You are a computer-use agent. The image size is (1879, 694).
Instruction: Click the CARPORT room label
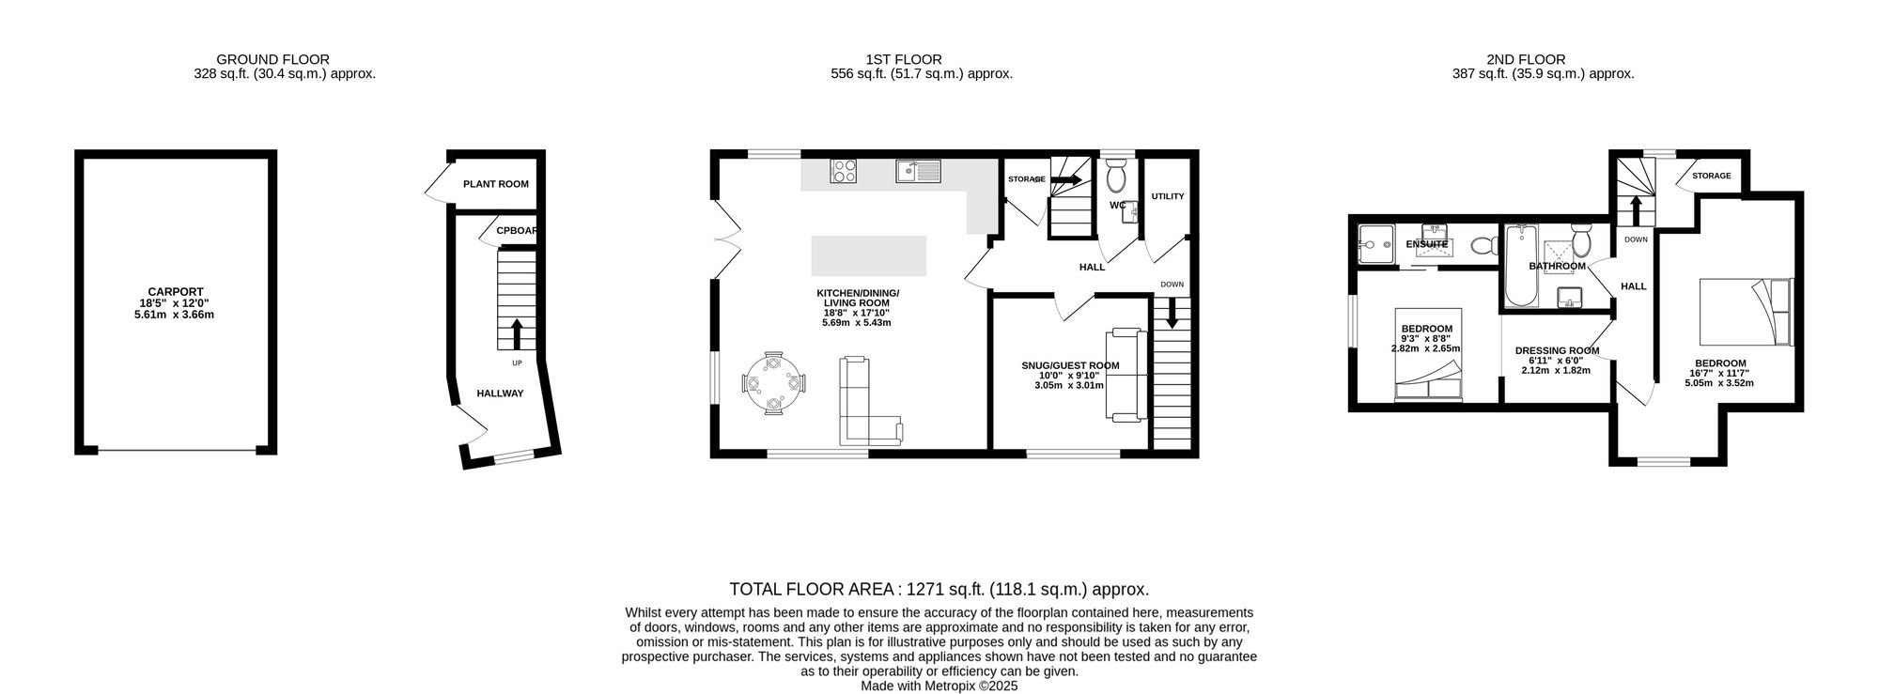pos(176,292)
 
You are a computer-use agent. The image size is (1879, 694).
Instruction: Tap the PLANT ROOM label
pos(496,184)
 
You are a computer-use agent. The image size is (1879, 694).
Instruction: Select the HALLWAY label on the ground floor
pos(500,393)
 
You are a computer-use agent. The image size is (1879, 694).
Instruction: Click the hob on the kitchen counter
pos(844,171)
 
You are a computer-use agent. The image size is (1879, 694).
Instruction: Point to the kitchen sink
pos(918,171)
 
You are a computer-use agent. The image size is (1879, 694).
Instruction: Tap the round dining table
pos(773,383)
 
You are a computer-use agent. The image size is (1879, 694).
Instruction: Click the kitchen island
pos(869,256)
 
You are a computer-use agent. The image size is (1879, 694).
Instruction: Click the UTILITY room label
pos(1168,196)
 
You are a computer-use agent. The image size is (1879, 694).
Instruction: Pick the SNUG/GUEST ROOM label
pos(1070,365)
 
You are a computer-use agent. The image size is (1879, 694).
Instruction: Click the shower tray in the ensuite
pos(1374,243)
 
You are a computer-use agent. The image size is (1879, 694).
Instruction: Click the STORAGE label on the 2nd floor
pos(1711,176)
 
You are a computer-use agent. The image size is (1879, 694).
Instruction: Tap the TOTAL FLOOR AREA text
pos(939,590)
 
